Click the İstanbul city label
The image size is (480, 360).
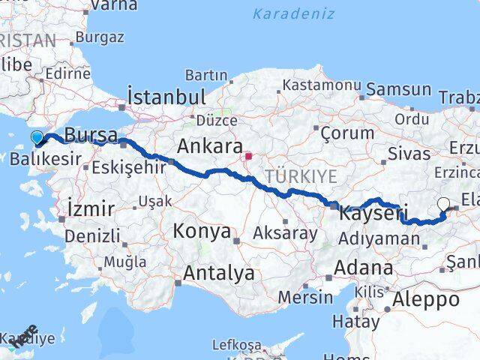[166, 97]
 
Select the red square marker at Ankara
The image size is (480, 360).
[248, 157]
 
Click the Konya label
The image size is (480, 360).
[202, 232]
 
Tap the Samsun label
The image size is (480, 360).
[400, 89]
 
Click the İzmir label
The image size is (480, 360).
[91, 208]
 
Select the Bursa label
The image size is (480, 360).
[91, 136]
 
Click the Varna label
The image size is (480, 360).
[113, 6]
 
